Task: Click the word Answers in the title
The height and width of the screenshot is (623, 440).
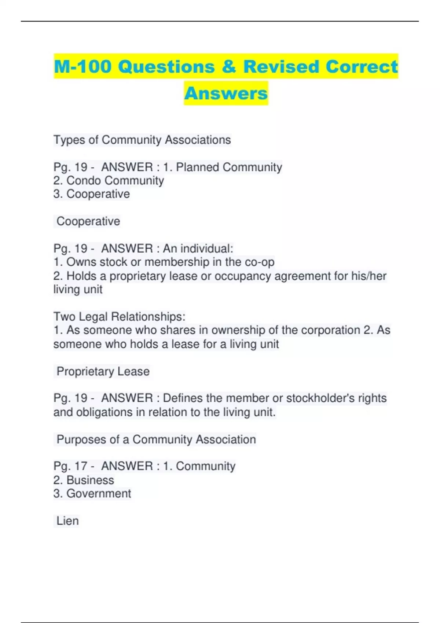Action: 226,93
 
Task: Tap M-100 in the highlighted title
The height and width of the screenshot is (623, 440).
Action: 82,67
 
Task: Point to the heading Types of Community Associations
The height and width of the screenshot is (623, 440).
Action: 142,140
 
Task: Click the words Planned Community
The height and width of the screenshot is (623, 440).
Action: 229,167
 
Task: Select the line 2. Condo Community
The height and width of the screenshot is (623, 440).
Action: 109,181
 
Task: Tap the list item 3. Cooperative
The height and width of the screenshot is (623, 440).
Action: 92,194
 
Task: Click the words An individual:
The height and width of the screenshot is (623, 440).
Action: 198,248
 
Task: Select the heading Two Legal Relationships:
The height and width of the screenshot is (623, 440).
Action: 120,317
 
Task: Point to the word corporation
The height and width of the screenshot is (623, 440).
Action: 330,330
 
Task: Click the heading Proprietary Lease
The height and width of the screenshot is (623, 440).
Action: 103,371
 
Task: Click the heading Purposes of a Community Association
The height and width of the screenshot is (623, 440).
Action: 156,439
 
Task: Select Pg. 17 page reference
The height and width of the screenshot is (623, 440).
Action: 70,466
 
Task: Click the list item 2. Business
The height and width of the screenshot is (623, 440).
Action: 84,480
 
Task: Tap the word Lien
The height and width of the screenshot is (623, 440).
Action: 67,521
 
